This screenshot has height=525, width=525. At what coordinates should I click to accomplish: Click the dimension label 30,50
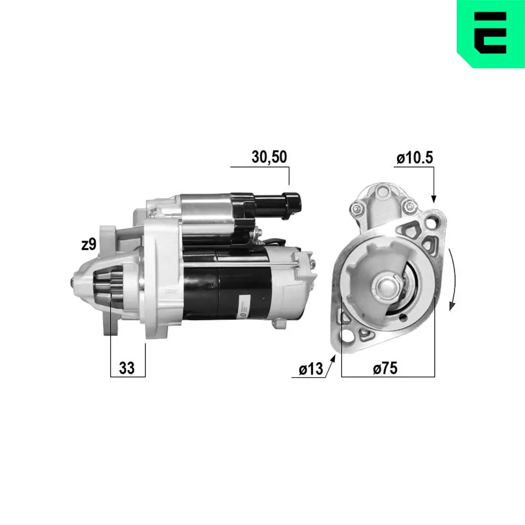pyautogui.click(x=269, y=157)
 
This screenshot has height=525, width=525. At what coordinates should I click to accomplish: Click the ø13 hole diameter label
pyautogui.click(x=311, y=369)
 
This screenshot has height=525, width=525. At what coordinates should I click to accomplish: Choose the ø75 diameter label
pyautogui.click(x=385, y=369)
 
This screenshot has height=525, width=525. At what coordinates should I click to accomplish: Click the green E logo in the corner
pyautogui.click(x=490, y=33)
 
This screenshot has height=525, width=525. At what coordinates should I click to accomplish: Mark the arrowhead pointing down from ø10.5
pyautogui.click(x=434, y=198)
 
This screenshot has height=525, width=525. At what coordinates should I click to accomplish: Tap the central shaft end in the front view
pyautogui.click(x=386, y=287)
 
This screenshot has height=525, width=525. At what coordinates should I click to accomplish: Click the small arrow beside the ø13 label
pyautogui.click(x=331, y=363)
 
